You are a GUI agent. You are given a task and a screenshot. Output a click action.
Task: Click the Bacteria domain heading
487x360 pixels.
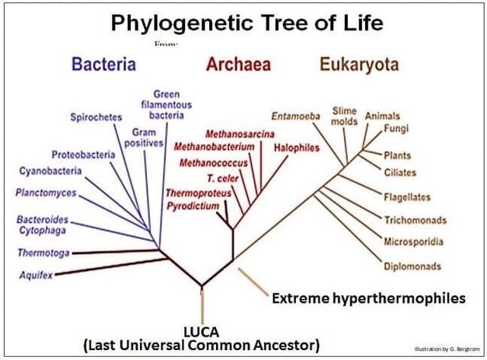(104, 64)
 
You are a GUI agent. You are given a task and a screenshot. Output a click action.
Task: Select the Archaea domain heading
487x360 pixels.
(238, 64)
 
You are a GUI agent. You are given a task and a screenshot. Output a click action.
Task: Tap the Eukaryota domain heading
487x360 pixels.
(359, 64)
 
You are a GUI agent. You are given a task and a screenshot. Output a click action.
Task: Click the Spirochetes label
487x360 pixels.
(96, 117)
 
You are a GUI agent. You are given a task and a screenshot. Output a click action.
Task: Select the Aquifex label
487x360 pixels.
(36, 276)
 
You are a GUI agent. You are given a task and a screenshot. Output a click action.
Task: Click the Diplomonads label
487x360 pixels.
(412, 266)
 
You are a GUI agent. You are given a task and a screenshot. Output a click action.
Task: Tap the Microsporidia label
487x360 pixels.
(413, 242)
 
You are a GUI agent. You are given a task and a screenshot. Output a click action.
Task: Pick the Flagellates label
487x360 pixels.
(407, 197)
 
